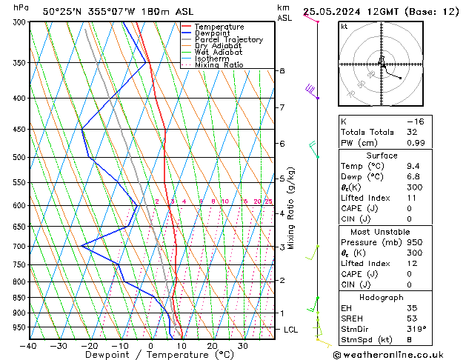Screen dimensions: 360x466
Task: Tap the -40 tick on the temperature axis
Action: click(x=29, y=345)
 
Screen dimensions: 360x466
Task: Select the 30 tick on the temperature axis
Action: click(x=243, y=345)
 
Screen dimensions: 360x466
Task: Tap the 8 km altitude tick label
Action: click(x=282, y=70)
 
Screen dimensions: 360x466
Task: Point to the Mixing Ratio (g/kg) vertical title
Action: click(x=292, y=207)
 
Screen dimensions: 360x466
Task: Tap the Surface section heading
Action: click(x=382, y=156)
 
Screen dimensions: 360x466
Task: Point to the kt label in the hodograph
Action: click(x=344, y=26)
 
